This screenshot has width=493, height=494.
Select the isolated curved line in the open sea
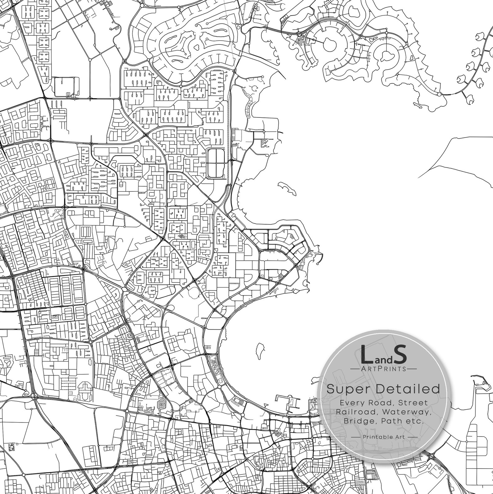click(453, 155)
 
